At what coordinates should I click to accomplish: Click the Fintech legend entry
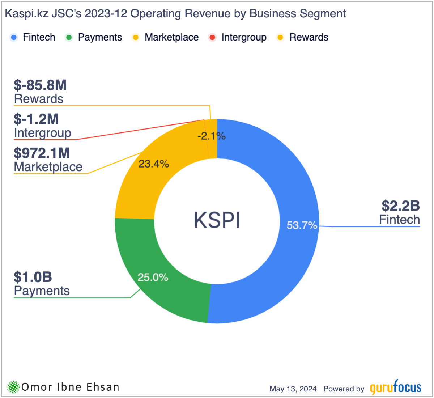(x=33, y=37)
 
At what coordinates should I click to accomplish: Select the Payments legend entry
(x=94, y=37)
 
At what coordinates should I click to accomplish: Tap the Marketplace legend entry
(x=165, y=37)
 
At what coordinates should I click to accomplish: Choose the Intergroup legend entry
(x=238, y=37)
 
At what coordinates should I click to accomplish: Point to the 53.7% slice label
(x=302, y=225)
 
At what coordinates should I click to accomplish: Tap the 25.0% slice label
(x=153, y=278)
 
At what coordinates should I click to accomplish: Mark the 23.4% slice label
(x=154, y=164)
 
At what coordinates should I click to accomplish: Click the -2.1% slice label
(x=211, y=136)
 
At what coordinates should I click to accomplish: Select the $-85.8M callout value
(x=40, y=85)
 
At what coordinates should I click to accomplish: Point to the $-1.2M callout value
(x=36, y=119)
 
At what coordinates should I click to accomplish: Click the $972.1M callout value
(x=42, y=153)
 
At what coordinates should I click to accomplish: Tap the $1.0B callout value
(x=33, y=277)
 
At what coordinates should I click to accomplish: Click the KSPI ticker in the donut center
(x=217, y=220)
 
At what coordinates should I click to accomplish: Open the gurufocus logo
(x=395, y=388)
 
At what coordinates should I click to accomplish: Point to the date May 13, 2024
(x=293, y=389)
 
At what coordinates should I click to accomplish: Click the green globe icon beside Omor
(x=13, y=387)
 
